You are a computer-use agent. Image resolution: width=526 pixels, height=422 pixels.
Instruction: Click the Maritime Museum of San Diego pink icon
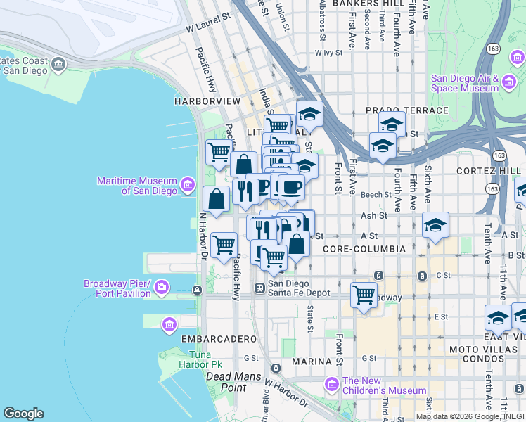click(188, 185)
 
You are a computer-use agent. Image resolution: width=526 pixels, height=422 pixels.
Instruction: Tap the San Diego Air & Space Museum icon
click(509, 84)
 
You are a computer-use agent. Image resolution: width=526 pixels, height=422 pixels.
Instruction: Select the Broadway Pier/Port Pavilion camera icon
click(162, 287)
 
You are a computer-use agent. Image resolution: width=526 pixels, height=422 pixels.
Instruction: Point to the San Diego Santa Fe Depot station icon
click(259, 288)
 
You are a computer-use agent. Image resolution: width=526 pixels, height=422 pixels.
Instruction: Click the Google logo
click(23, 414)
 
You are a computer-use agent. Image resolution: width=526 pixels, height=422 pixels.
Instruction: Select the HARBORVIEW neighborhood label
click(207, 101)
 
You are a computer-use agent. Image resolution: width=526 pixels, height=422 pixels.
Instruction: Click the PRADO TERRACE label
click(406, 110)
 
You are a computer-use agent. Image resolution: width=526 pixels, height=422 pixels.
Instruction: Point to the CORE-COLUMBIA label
click(364, 249)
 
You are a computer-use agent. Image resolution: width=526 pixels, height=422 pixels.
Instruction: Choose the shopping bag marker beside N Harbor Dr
click(216, 198)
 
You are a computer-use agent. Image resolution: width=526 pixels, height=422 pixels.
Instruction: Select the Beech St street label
click(377, 194)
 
